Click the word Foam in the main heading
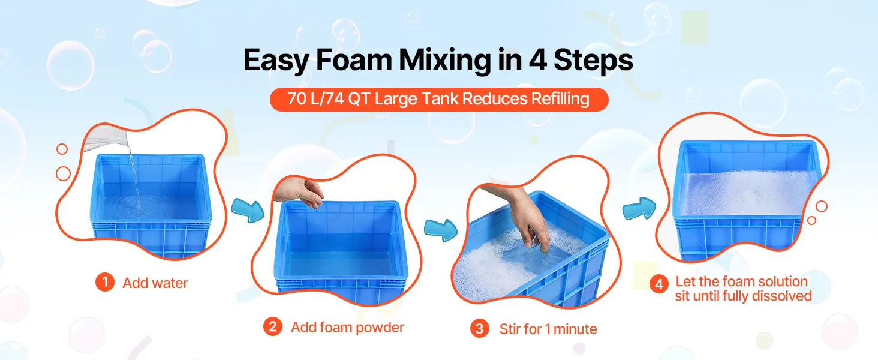(354, 60)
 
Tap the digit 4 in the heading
(537, 60)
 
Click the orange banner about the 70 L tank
(439, 99)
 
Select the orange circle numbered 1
(105, 283)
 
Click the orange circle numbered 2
(273, 326)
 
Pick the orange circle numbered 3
(480, 329)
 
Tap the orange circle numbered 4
(659, 284)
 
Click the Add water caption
(155, 283)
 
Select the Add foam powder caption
(347, 328)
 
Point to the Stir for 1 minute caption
(548, 329)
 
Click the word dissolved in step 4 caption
(783, 296)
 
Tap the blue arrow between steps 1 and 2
(248, 210)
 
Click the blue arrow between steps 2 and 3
(441, 230)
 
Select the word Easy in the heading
(276, 61)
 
